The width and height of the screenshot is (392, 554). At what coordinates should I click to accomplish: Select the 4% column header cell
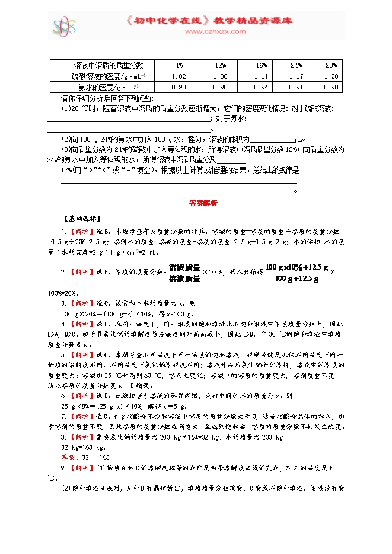coord(179,65)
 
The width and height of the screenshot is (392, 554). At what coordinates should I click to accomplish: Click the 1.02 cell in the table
coord(179,76)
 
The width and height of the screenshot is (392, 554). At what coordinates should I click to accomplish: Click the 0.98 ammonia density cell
coord(179,87)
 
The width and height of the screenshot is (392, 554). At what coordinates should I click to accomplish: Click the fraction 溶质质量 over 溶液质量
coord(184,273)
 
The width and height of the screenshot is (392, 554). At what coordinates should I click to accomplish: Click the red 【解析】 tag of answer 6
coord(80,395)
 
